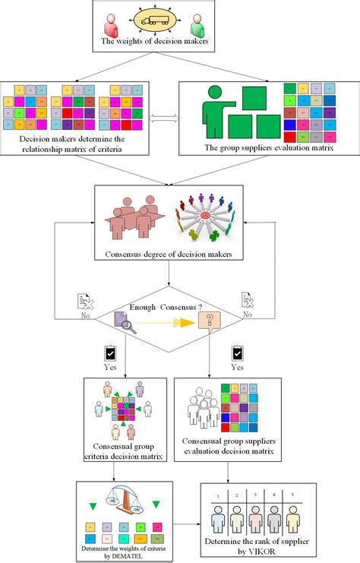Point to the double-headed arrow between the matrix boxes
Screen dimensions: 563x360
click(164, 117)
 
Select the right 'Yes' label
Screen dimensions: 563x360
click(238, 365)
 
